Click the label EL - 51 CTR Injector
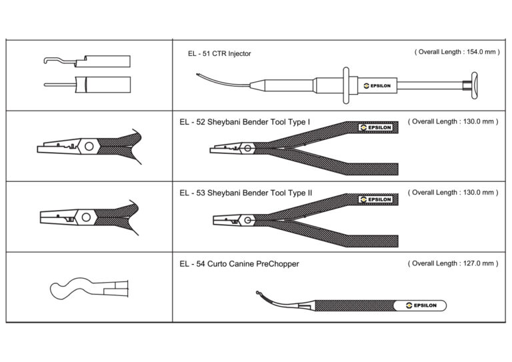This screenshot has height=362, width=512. pyautogui.click(x=219, y=53)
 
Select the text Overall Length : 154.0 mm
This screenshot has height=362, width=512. pyautogui.click(x=457, y=52)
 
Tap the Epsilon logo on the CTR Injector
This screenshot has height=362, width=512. pyautogui.click(x=377, y=86)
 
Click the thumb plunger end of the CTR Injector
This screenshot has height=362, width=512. pyautogui.click(x=474, y=85)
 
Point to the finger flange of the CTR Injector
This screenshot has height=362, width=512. pyautogui.click(x=346, y=85)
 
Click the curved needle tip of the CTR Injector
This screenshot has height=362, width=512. pyautogui.click(x=197, y=75)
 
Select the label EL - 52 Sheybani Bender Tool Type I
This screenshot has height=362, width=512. pyautogui.click(x=245, y=122)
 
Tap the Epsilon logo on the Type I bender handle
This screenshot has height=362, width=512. pyautogui.click(x=375, y=127)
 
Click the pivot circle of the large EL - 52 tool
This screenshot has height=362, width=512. pyautogui.click(x=248, y=149)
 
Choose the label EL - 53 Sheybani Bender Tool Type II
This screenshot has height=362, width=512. pyautogui.click(x=246, y=193)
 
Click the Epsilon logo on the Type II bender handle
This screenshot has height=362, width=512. pyautogui.click(x=375, y=199)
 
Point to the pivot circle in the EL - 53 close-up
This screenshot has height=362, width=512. pyautogui.click(x=86, y=217)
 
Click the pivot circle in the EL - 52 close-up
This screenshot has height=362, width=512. pyautogui.click(x=89, y=146)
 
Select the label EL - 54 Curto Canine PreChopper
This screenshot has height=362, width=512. pyautogui.click(x=239, y=264)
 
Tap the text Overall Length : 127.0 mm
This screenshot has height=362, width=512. pyautogui.click(x=453, y=263)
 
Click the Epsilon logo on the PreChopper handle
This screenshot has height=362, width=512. pyautogui.click(x=421, y=305)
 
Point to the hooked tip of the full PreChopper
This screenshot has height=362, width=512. pyautogui.click(x=258, y=293)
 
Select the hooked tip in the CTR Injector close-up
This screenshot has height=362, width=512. pyautogui.click(x=46, y=60)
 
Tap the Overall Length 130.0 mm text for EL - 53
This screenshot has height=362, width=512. pyautogui.click(x=453, y=193)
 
